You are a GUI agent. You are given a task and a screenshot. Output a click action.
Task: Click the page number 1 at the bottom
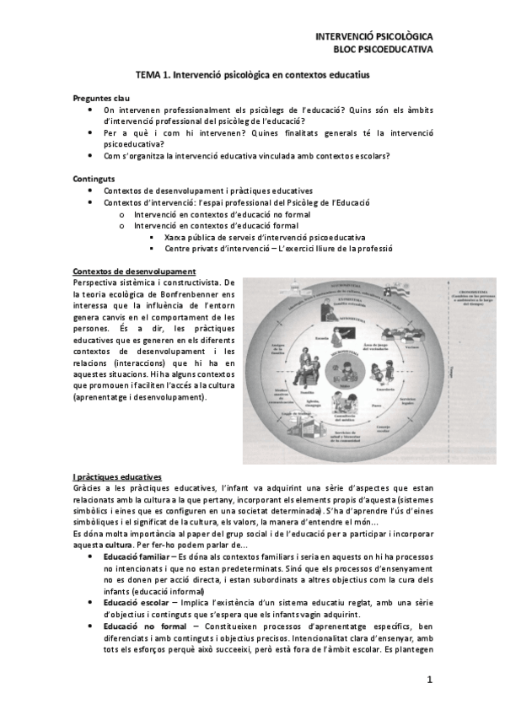coord(428,680)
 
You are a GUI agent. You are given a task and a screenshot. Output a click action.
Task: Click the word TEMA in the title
coord(150,75)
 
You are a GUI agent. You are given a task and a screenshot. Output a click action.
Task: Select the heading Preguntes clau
coord(101,99)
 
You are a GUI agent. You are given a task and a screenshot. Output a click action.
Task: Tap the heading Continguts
coord(94,179)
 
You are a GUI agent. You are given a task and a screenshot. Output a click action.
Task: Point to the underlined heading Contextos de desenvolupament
coord(135,271)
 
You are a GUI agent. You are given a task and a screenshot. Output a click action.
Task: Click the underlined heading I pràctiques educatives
coord(117,478)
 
